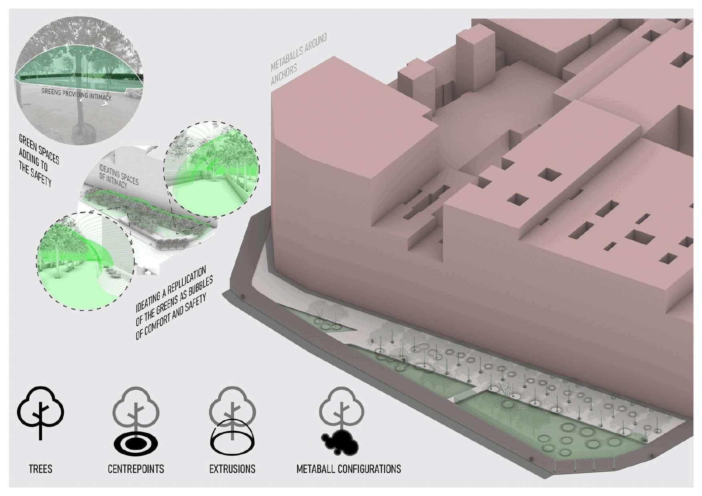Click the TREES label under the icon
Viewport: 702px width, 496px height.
point(40,468)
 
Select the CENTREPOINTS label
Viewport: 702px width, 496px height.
point(136,468)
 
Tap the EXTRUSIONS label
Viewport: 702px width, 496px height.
point(232,468)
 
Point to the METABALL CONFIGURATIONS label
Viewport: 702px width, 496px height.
point(348,468)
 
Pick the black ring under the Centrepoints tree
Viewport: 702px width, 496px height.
point(136,444)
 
